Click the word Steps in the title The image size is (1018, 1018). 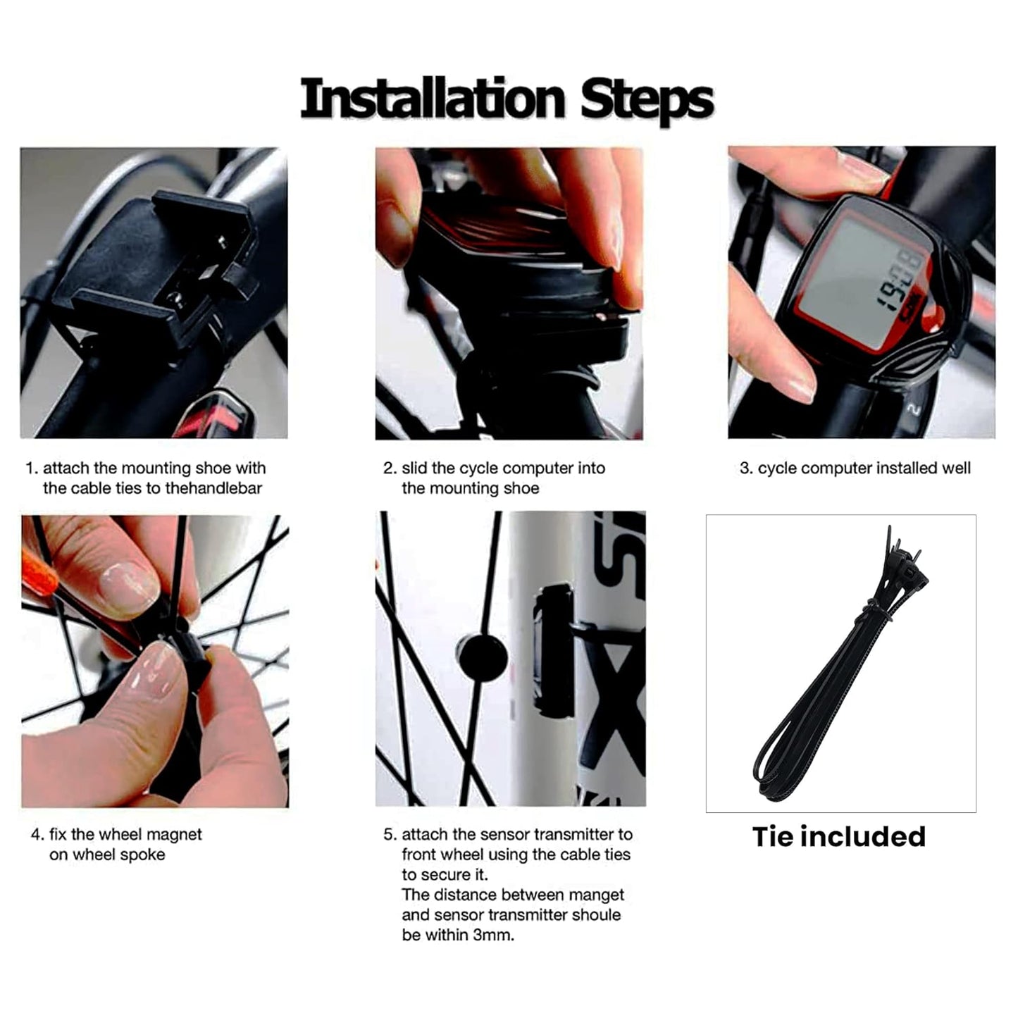pos(646,100)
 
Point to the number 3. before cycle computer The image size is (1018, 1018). pos(746,468)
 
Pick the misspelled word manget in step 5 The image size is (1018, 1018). pos(600,895)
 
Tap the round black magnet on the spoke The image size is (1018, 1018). pos(482,657)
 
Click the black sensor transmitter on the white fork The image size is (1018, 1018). pos(554,648)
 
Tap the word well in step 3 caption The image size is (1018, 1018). pos(956,468)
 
